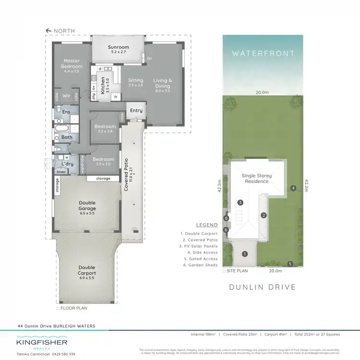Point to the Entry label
136,111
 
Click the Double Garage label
87,205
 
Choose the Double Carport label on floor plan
87,270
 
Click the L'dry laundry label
67,164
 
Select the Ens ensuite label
66,112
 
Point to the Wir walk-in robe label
67,95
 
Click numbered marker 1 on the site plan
244,254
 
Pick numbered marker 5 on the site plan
290,264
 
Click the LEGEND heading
207,225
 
